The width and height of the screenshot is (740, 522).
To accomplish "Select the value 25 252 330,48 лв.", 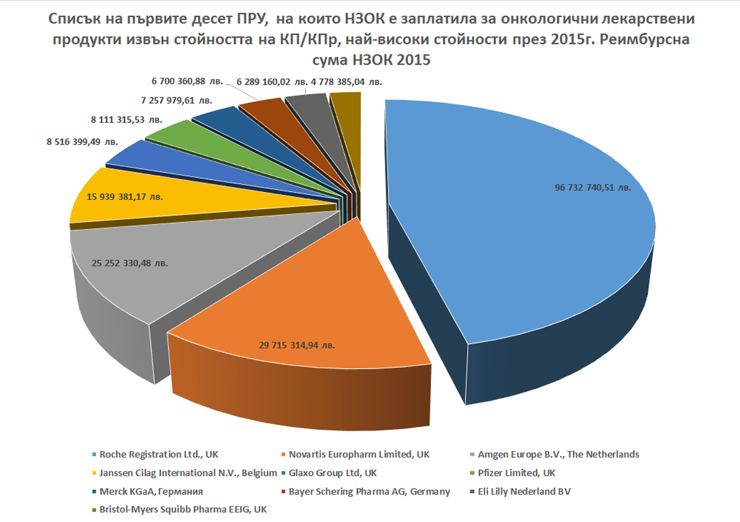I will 129,263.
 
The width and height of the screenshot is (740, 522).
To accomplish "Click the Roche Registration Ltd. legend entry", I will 164,455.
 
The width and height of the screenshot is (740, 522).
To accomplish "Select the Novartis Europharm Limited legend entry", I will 360,455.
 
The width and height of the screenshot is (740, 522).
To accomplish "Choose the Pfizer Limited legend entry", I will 517,473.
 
